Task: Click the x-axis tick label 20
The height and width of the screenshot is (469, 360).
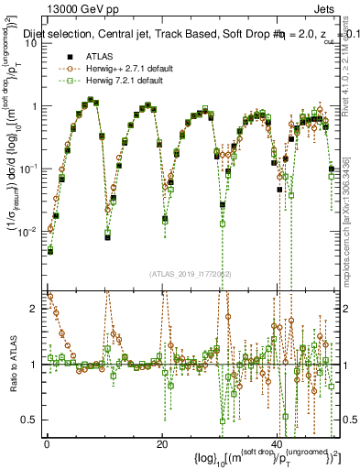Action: tap(162, 446)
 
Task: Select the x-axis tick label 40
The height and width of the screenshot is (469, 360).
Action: tap(278, 446)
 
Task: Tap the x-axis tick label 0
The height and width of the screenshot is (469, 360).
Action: tap(47, 446)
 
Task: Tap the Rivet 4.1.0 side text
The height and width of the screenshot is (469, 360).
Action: tap(351, 82)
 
